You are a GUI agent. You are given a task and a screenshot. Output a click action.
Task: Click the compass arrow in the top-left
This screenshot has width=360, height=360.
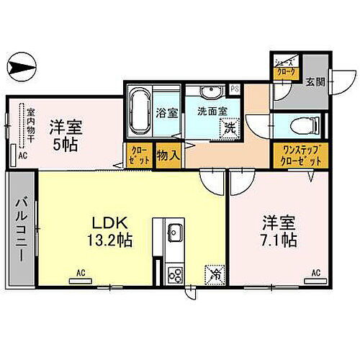tap(21, 69)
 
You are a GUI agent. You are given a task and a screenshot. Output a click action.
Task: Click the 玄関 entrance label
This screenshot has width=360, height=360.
tap(314, 81)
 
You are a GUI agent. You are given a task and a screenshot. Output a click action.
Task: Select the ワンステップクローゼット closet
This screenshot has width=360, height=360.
tap(297, 156)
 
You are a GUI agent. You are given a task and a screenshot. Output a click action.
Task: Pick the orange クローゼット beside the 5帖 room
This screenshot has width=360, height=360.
tap(140, 156)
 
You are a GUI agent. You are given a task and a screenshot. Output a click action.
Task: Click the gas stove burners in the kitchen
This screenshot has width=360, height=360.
tap(175, 274)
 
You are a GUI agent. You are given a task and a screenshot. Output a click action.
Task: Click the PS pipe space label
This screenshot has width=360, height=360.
tap(234, 89)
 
